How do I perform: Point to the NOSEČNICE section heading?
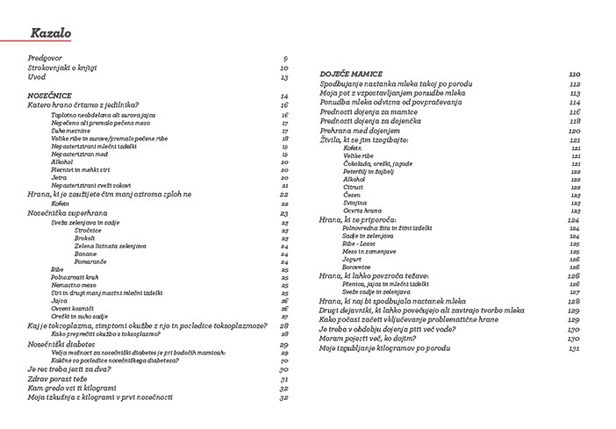pos(50,95)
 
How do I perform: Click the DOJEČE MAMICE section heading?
pos(351,75)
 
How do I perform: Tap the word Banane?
pos(86,254)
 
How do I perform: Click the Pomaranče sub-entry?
pos(91,261)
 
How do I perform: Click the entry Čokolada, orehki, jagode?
pos(364,164)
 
